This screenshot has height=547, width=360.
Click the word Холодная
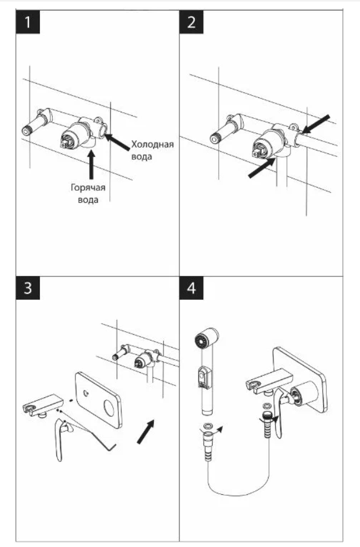click(152, 145)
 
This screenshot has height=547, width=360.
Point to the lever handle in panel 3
click(62, 440)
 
